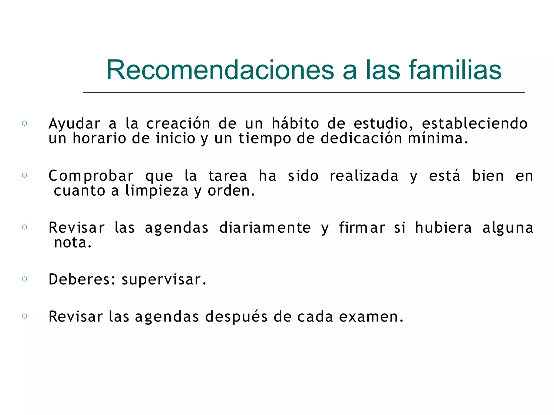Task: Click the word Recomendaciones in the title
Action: [x=220, y=70]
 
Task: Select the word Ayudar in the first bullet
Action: [x=74, y=124]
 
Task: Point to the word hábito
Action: [x=295, y=123]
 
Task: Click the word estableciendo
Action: [x=474, y=123]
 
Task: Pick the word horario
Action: [x=99, y=138]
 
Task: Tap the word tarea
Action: [x=227, y=176]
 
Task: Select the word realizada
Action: [x=364, y=176]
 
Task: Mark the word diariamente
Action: [x=265, y=227]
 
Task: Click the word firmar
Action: [x=362, y=227]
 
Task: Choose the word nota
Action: [x=72, y=243]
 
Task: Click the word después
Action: [x=236, y=317]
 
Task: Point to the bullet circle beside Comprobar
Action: [x=25, y=175]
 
